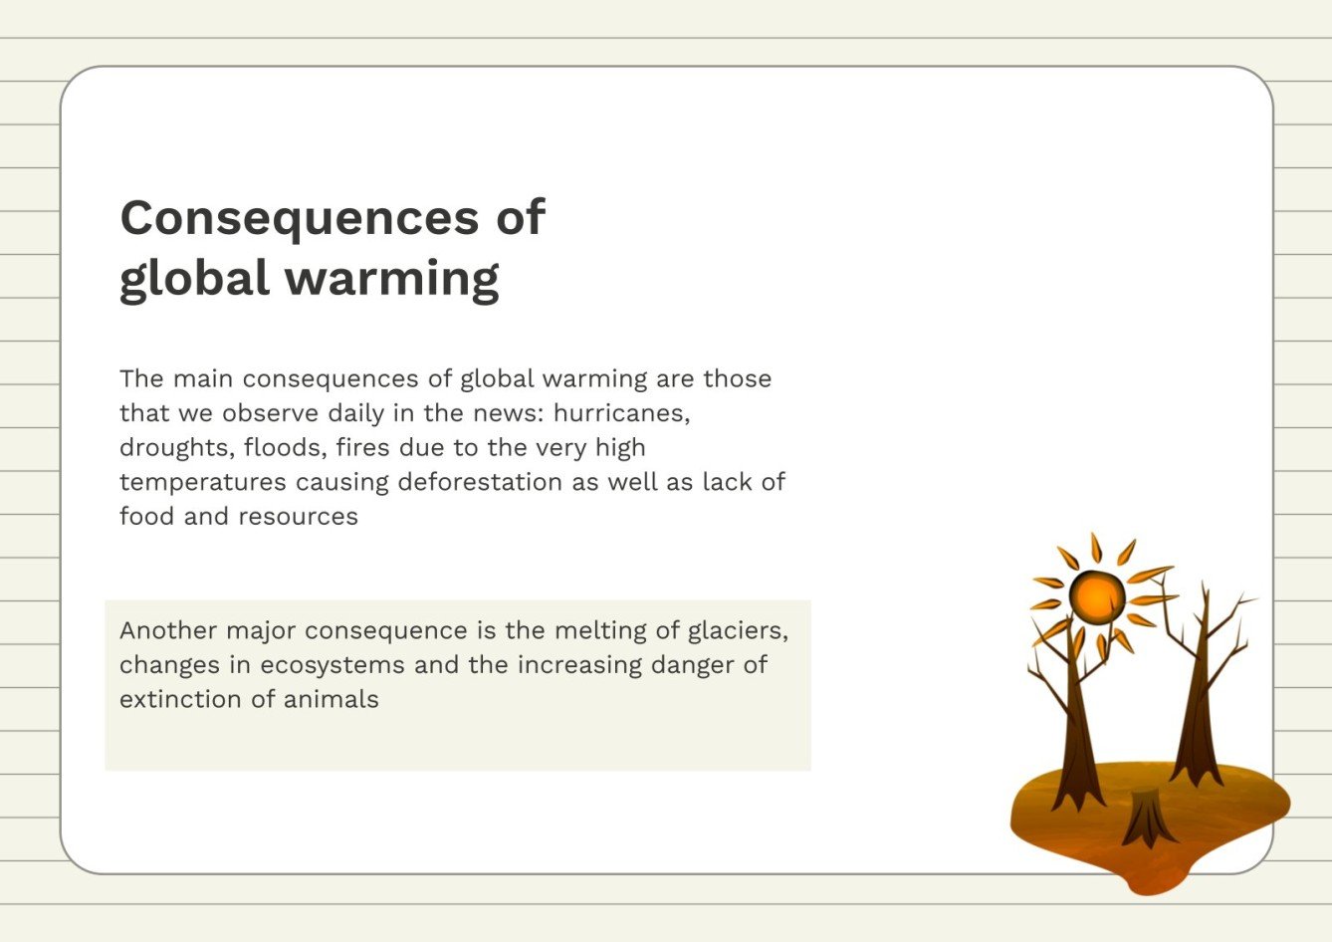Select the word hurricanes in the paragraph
pos(621,413)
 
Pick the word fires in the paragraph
pos(363,448)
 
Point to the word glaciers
pos(738,630)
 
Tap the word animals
pos(332,699)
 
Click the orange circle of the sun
pos(1097,596)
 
